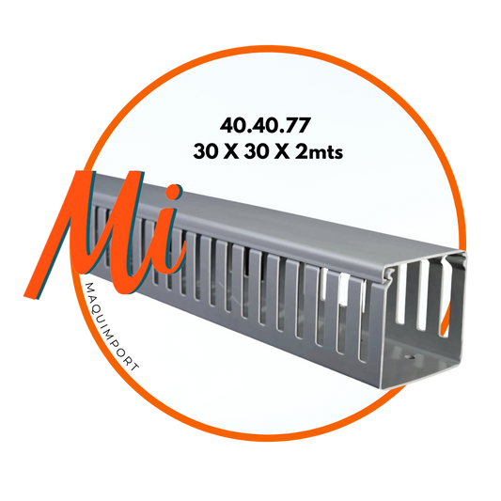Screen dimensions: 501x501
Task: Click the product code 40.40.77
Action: [265, 126]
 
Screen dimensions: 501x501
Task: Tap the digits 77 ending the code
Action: [297, 126]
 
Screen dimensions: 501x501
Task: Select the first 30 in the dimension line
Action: [205, 151]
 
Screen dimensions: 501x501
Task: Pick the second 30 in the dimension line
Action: [256, 151]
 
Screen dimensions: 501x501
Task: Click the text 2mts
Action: [320, 151]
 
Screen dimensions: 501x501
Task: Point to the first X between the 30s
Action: [230, 151]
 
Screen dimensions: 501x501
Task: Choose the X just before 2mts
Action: [281, 151]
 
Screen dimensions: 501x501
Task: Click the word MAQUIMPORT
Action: [112, 326]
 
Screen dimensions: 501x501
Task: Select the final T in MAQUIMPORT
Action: [134, 367]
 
